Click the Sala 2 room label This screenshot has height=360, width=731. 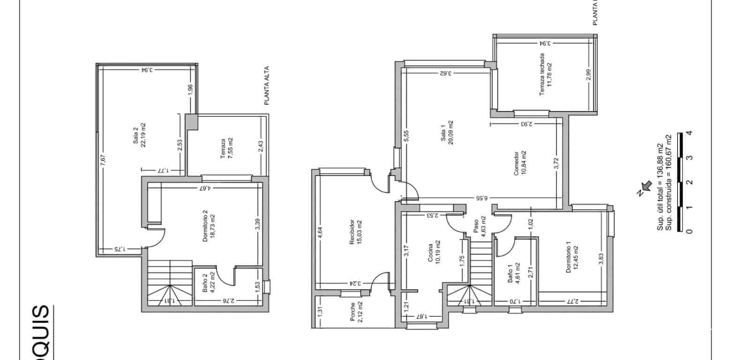click(x=139, y=135)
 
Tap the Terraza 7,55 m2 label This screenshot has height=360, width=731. click(x=227, y=149)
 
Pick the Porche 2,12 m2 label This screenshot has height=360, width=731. click(x=356, y=313)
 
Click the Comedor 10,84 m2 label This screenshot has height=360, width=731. click(x=520, y=163)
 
